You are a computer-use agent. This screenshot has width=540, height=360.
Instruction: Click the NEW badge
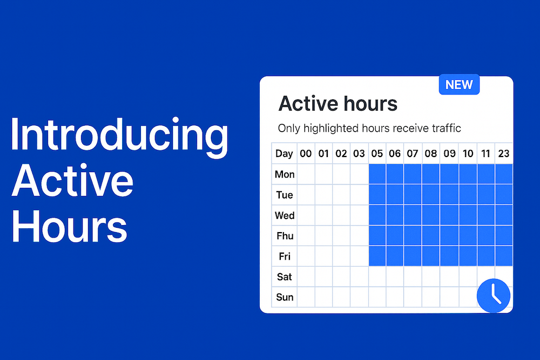[x=459, y=84]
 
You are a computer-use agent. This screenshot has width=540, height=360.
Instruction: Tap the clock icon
[x=494, y=295]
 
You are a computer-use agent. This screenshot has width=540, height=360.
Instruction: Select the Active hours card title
[x=338, y=103]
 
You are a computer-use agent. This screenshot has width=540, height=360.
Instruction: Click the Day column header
[x=284, y=153]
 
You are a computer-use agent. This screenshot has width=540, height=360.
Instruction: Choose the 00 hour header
[x=306, y=153]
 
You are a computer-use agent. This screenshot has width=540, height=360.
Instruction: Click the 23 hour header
[x=503, y=153]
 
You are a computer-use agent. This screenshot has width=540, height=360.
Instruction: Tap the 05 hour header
[x=377, y=153]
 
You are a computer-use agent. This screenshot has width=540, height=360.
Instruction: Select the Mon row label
[x=285, y=174]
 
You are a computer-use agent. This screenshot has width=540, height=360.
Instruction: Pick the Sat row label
[x=285, y=277]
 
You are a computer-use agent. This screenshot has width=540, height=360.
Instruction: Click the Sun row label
[x=285, y=297]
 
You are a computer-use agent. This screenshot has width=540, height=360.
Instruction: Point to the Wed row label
[x=285, y=215]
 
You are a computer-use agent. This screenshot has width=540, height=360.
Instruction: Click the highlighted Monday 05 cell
[x=377, y=174]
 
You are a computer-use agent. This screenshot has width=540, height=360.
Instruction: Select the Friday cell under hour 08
[x=431, y=256]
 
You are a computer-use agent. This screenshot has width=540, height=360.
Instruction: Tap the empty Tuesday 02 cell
[x=341, y=194]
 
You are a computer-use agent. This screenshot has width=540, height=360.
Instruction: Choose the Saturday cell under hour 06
[x=395, y=276]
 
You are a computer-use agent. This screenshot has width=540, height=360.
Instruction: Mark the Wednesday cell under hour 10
[x=468, y=215]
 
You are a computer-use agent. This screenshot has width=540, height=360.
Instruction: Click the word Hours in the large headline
[x=70, y=227]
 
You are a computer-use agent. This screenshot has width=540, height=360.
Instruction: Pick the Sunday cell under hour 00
[x=306, y=297]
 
